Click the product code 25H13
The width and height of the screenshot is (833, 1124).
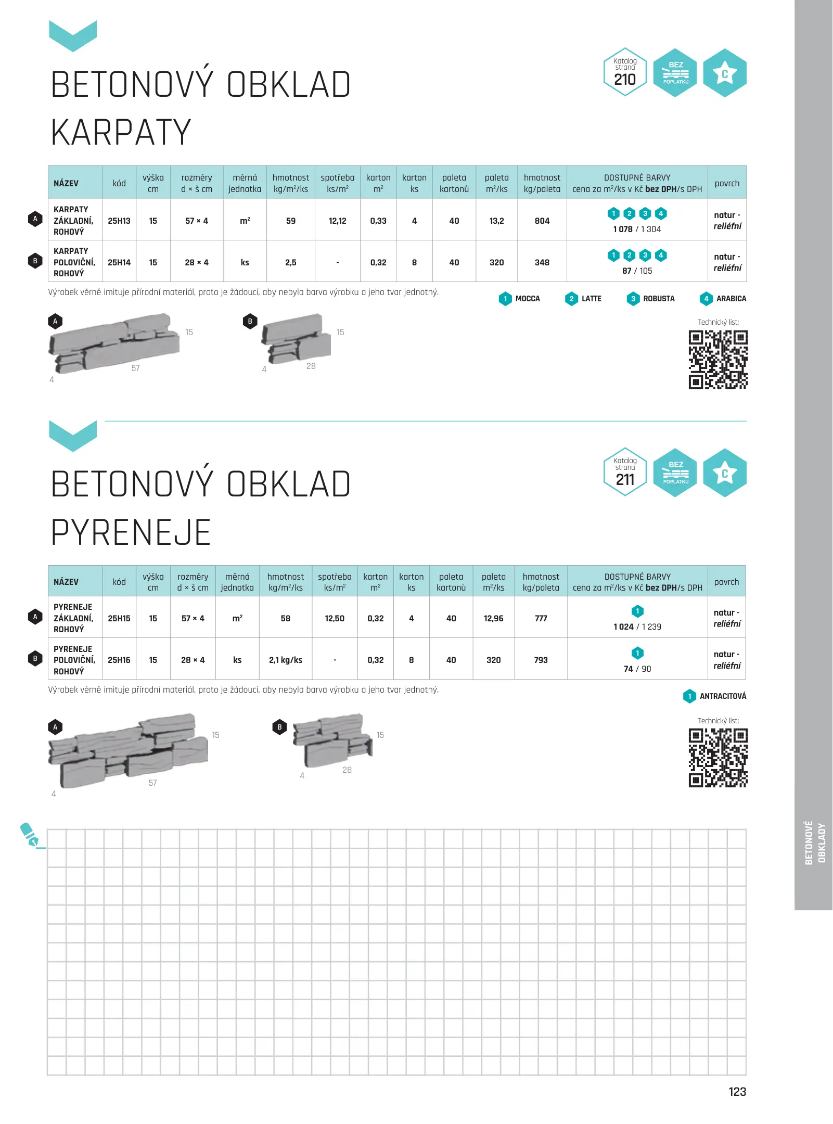point(119,221)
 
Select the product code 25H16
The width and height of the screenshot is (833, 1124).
point(119,660)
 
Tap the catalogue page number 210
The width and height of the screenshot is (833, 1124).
point(625,80)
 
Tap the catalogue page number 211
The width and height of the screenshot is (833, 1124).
point(625,479)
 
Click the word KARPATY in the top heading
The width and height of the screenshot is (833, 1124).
point(121,132)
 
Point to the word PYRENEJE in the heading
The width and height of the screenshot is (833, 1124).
point(131,532)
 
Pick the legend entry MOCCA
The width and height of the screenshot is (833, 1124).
point(527,299)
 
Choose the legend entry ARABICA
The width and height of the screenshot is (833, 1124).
point(731,299)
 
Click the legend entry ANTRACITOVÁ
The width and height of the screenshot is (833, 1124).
point(722,696)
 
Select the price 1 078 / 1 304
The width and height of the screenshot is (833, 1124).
point(637,229)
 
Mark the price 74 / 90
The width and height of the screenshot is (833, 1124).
point(637,669)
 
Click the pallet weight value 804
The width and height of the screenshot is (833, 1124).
point(542,221)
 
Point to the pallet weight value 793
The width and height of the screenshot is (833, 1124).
point(541,660)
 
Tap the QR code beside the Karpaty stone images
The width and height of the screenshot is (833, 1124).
point(718,360)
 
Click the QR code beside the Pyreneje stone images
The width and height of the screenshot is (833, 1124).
point(718,758)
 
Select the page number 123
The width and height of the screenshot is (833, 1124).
point(737,1092)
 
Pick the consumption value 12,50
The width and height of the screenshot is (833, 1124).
point(335,618)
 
